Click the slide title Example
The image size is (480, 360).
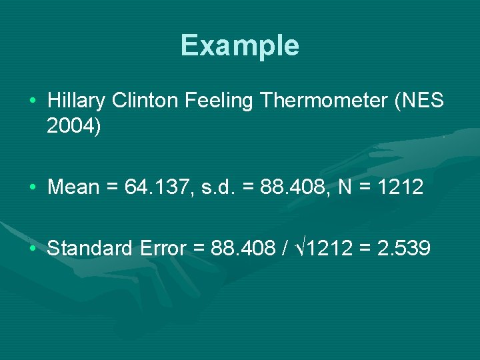click(239, 45)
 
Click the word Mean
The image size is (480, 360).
click(73, 187)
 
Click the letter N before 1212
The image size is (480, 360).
click(345, 187)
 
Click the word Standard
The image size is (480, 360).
click(90, 249)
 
